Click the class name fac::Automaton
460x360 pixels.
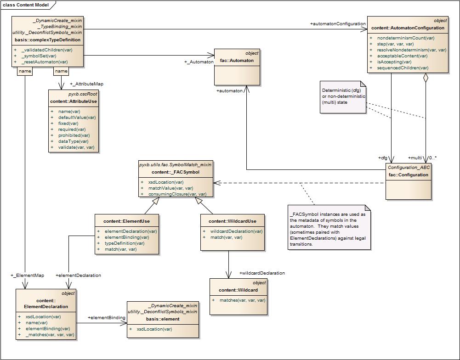pyautogui.click(x=237, y=60)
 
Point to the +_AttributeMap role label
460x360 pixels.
pyautogui.click(x=86, y=84)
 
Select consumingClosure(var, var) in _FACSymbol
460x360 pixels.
pyautogui.click(x=177, y=194)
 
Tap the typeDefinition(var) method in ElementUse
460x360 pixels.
pyautogui.click(x=124, y=243)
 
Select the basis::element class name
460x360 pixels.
pyautogui.click(x=163, y=319)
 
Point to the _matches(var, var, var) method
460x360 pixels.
pyautogui.click(x=50, y=335)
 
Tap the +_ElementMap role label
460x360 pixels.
pyautogui.click(x=28, y=276)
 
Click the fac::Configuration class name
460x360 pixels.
pyautogui.click(x=408, y=174)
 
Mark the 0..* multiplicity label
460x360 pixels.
pyautogui.click(x=432, y=158)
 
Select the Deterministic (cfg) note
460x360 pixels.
pyautogui.click(x=343, y=96)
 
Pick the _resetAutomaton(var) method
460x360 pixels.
pyautogui.click(x=44, y=62)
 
